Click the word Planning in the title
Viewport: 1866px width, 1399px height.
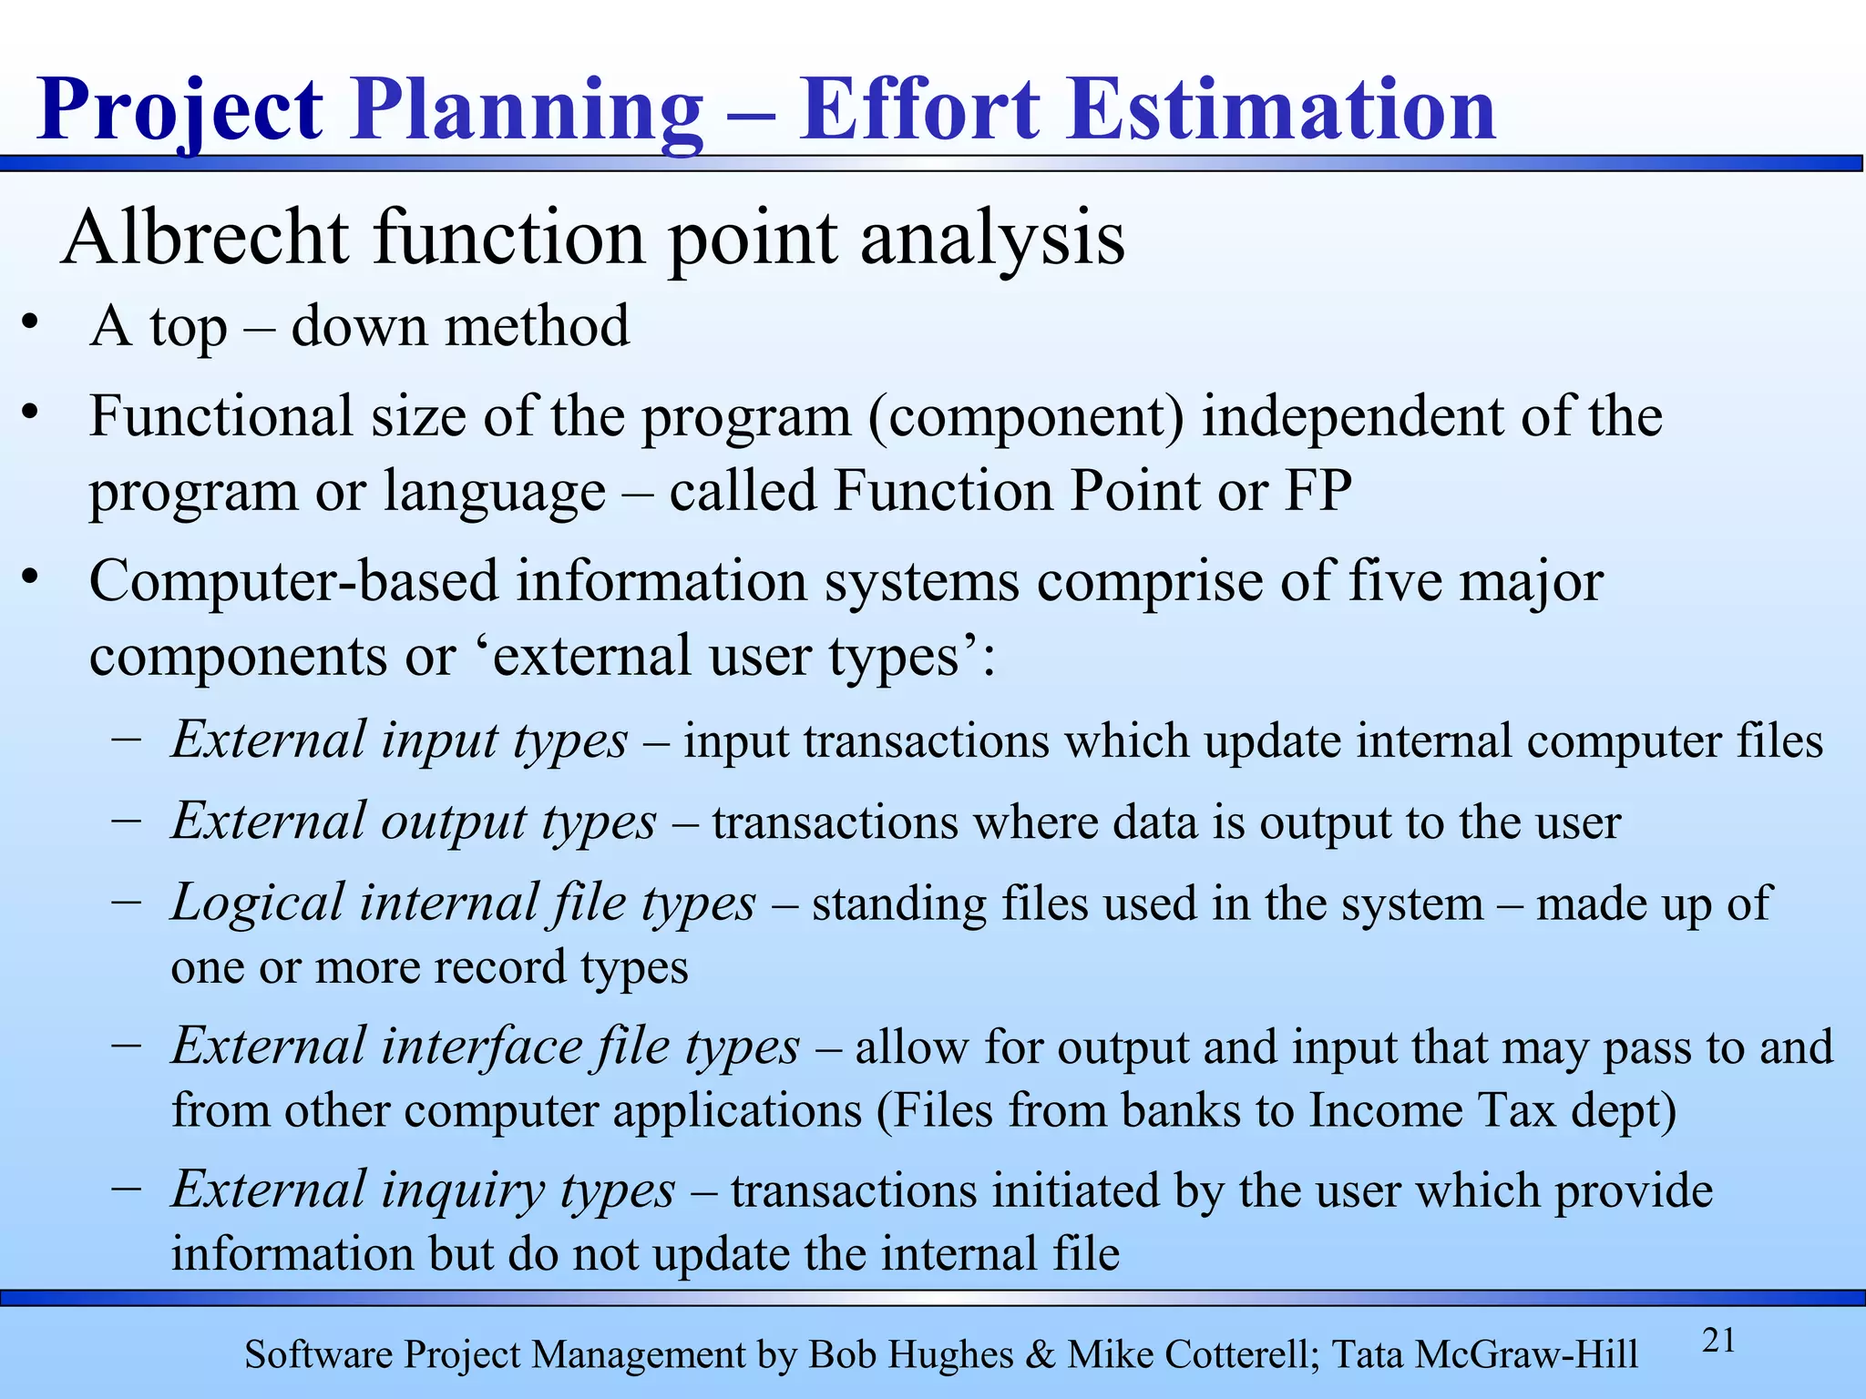(527, 111)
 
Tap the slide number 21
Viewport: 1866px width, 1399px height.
(1718, 1342)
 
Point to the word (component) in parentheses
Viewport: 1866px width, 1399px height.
(1026, 417)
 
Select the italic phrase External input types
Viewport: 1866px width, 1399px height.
(399, 740)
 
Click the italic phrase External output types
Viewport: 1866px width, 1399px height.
(414, 822)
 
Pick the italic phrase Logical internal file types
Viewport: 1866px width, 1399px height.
(464, 904)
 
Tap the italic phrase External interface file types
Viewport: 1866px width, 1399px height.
(486, 1047)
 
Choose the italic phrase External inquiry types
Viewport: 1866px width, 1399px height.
(424, 1190)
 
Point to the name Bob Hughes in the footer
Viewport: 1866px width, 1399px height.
(910, 1355)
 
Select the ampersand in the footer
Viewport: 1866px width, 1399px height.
(1040, 1355)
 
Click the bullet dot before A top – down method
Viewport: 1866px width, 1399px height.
(31, 323)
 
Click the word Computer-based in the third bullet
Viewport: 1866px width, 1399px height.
(293, 582)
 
